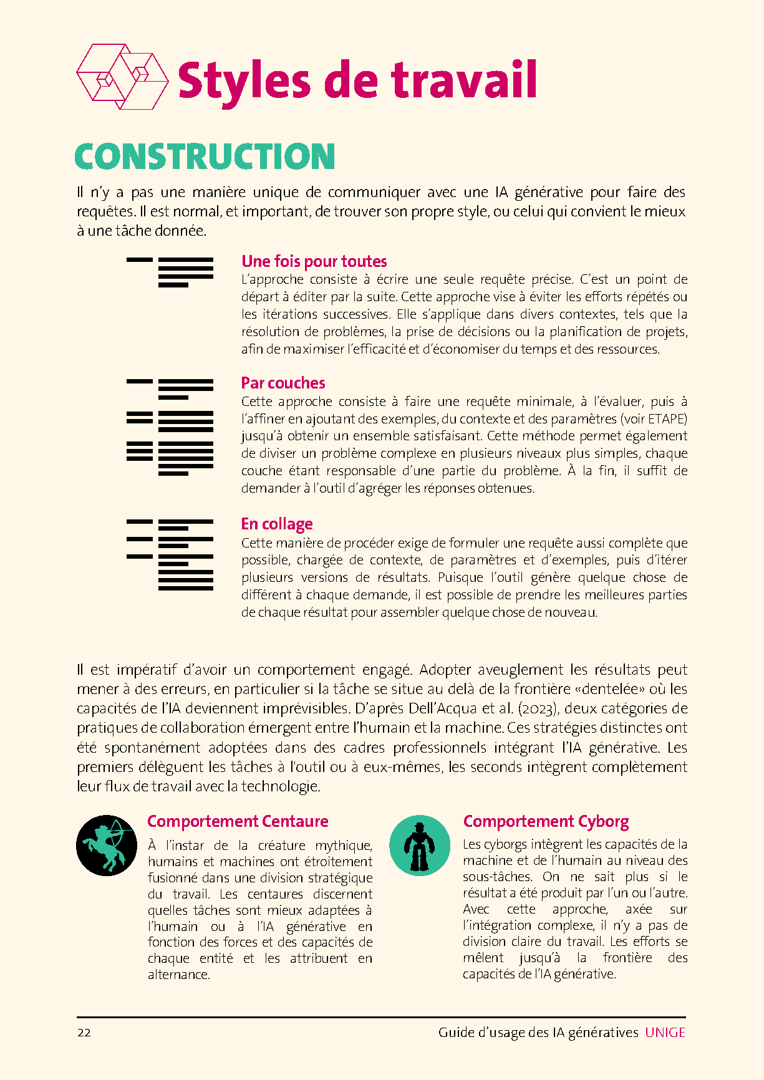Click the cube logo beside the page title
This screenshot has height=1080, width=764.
122,76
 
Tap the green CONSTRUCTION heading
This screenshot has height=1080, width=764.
205,157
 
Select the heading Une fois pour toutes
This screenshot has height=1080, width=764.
314,261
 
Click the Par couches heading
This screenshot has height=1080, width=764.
283,383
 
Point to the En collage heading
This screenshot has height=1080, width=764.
277,524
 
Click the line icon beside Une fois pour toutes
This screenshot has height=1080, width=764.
170,272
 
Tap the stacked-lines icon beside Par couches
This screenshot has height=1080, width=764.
170,427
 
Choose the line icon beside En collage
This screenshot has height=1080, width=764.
170,554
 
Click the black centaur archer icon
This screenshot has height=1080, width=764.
107,846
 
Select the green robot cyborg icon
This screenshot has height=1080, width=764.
420,846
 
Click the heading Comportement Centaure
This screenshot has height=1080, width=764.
238,821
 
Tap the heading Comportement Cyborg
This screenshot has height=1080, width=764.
546,821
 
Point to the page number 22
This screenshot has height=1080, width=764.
84,1033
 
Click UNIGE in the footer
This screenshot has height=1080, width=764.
665,1033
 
